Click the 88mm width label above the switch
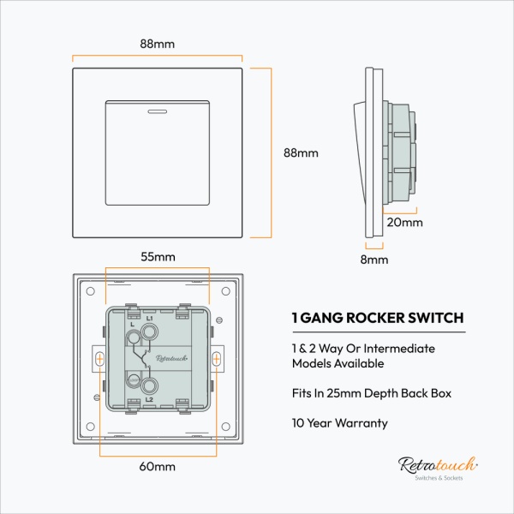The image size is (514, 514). [x=158, y=44]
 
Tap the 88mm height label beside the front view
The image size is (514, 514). [x=300, y=153]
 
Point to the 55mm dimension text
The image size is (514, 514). [x=158, y=256]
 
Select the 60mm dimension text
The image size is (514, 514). [x=158, y=467]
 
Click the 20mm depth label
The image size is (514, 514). [x=404, y=222]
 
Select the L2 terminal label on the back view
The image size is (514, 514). [x=149, y=399]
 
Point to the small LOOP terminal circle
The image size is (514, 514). [x=134, y=380]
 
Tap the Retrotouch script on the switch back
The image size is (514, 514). [x=157, y=358]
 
